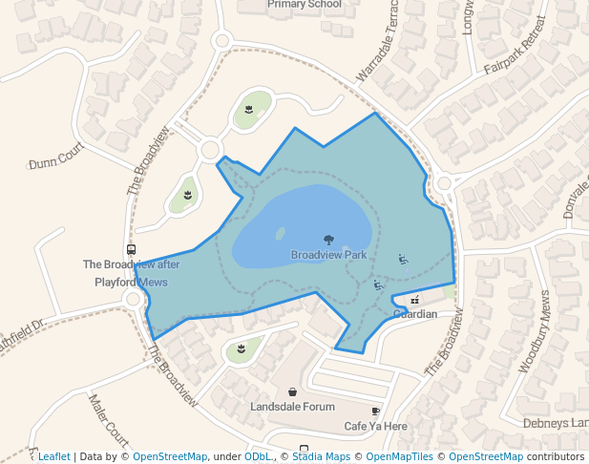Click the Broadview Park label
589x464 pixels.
click(x=328, y=256)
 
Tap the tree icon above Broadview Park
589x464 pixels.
click(x=328, y=241)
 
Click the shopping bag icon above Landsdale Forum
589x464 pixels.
click(x=291, y=391)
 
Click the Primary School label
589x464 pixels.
click(x=305, y=5)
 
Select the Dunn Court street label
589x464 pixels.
click(x=57, y=162)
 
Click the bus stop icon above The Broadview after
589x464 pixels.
click(x=131, y=249)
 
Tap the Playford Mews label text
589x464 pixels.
click(x=131, y=283)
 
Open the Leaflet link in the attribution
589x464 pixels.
click(x=54, y=457)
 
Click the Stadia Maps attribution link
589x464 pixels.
click(x=320, y=457)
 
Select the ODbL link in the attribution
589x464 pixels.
click(x=258, y=457)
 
